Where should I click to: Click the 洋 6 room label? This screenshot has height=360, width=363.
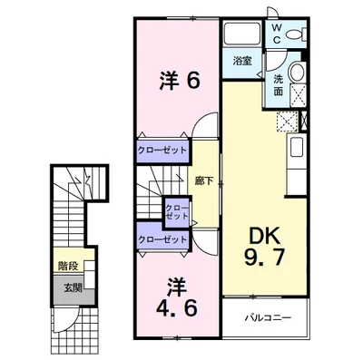(178, 81)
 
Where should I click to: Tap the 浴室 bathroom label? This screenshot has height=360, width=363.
(241, 61)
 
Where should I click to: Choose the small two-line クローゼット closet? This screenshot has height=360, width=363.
(176, 214)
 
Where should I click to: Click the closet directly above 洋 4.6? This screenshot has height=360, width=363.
(164, 238)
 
